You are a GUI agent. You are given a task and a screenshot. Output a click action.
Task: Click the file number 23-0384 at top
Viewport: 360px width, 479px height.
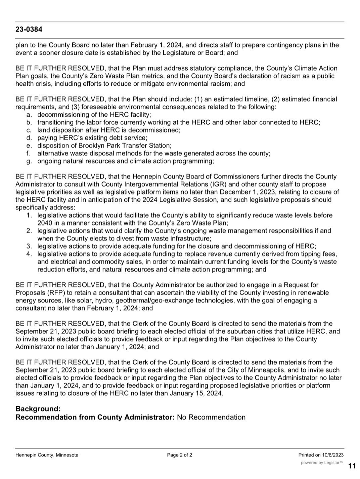pyautogui.click(x=29, y=30)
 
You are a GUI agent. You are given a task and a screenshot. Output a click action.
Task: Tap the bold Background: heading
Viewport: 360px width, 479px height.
pyautogui.click(x=38, y=409)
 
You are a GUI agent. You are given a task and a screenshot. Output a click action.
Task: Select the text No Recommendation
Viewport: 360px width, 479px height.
pyautogui.click(x=211, y=417)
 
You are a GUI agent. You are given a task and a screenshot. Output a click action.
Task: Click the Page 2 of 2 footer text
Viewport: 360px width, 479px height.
pyautogui.click(x=180, y=455)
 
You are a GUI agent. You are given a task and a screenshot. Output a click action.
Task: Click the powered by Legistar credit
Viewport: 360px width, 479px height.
pyautogui.click(x=322, y=463)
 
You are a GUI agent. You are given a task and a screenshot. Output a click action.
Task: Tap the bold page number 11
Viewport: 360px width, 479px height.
pyautogui.click(x=352, y=466)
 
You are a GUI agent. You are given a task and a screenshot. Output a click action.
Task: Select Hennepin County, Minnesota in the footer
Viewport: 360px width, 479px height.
pyautogui.click(x=47, y=455)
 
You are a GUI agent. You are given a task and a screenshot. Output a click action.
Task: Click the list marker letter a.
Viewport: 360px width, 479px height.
pyautogui.click(x=29, y=115)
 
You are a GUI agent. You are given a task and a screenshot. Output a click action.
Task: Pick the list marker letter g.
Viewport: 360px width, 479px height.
pyautogui.click(x=29, y=161)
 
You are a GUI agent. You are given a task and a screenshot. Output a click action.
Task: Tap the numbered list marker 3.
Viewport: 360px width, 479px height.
pyautogui.click(x=29, y=246)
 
